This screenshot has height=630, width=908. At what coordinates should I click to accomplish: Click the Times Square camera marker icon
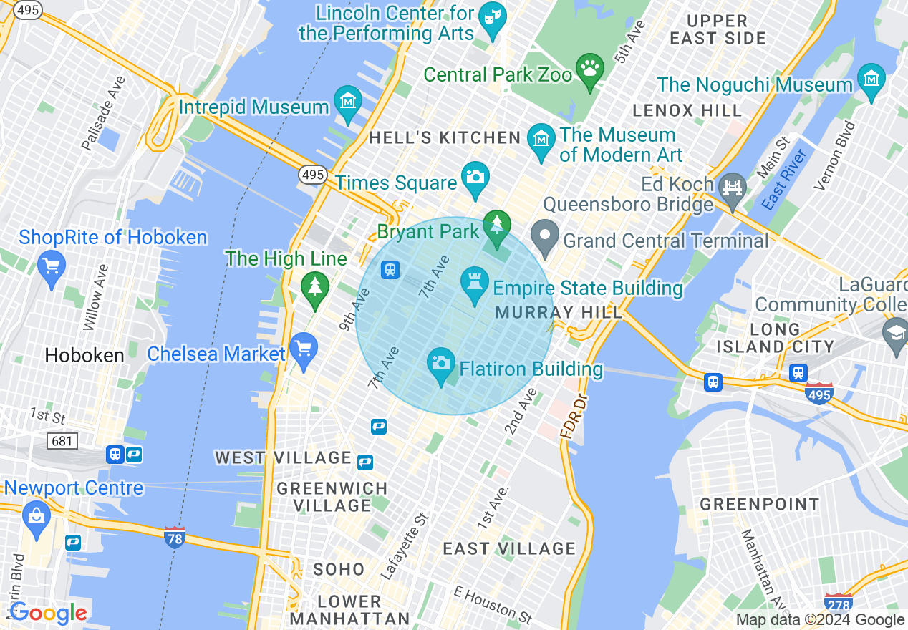pos(475,174)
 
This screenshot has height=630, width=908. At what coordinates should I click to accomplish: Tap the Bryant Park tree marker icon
pos(496,224)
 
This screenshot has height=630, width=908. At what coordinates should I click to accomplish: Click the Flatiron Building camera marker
pos(441,362)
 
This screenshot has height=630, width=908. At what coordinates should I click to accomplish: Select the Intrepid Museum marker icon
pos(347,100)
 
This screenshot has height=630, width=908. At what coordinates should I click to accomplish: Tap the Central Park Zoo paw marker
pos(590,69)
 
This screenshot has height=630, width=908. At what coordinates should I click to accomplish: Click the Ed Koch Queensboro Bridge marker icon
pos(733,188)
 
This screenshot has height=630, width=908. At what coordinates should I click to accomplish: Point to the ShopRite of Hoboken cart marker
pos(51,266)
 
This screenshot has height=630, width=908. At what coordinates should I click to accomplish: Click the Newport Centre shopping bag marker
pos(36,514)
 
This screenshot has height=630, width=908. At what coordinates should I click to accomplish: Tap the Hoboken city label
pos(84,355)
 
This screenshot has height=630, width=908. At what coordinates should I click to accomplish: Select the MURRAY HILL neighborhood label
pos(555,313)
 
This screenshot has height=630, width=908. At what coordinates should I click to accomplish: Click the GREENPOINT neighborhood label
pos(759,505)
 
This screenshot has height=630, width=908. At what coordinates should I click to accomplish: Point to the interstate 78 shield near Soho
pos(174,536)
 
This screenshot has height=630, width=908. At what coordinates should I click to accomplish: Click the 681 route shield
pos(62,440)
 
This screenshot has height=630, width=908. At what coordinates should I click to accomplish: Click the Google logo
pos(47,613)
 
